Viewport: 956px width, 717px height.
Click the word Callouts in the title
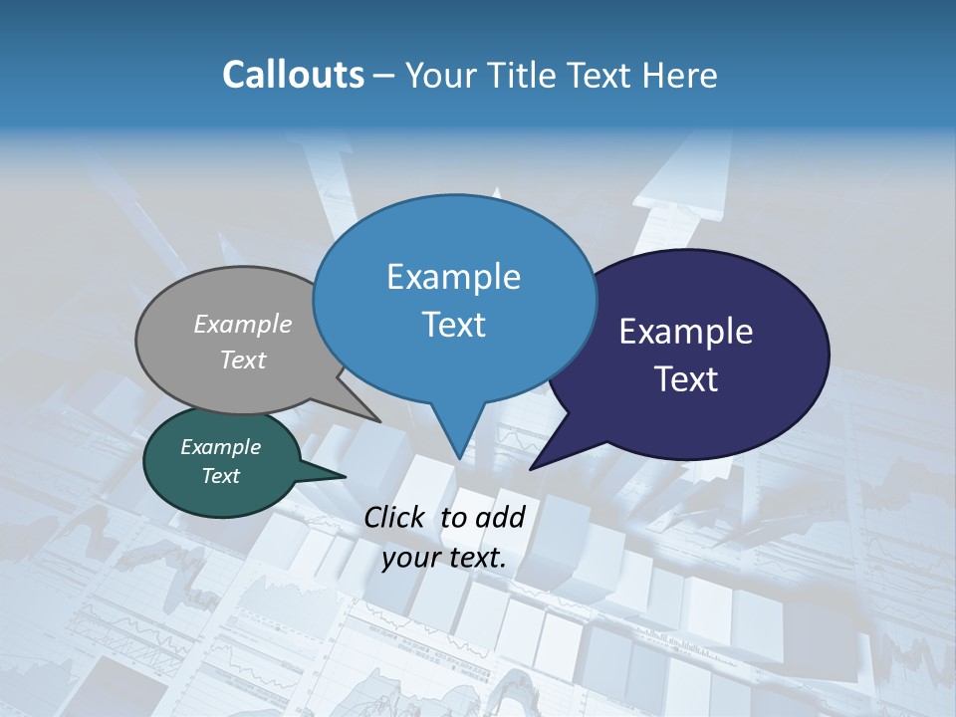coord(293,75)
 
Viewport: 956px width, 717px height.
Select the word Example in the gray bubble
coord(243,324)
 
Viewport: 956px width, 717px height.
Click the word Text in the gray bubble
coord(243,359)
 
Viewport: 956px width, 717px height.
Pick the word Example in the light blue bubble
coord(453,277)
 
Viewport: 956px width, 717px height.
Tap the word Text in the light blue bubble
coord(453,325)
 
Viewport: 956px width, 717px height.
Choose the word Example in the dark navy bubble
coord(686,332)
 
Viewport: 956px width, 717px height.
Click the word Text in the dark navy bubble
coord(686,379)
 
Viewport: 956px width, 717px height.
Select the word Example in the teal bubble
coord(221,447)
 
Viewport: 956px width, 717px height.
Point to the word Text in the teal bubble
coord(221,476)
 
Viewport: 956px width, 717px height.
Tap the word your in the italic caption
coord(409,558)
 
